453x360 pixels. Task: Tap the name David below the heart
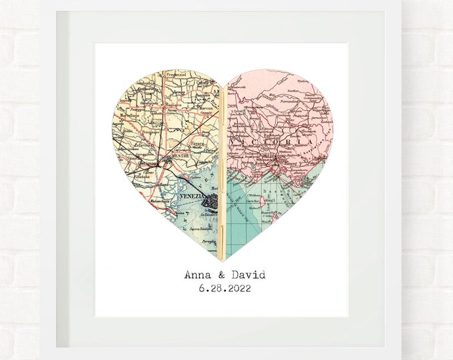[246, 275]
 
